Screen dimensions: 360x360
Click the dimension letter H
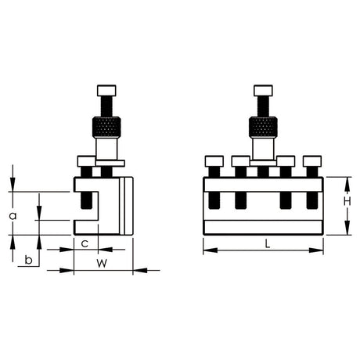pyautogui.click(x=347, y=201)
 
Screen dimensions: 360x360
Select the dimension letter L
pyautogui.click(x=267, y=244)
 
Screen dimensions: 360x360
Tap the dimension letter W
pyautogui.click(x=102, y=264)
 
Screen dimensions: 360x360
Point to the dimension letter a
pyautogui.click(x=13, y=216)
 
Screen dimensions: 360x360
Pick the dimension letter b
pyautogui.click(x=28, y=260)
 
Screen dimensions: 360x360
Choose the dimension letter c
pyautogui.click(x=85, y=243)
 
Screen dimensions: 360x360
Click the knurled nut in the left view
pyautogui.click(x=106, y=128)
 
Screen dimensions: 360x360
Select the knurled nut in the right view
pyautogui.click(x=263, y=128)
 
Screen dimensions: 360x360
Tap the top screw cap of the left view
pyautogui.click(x=106, y=91)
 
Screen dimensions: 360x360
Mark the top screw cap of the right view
pyautogui.click(x=263, y=91)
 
